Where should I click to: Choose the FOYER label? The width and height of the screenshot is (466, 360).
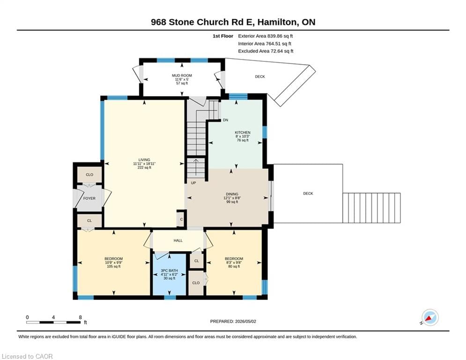pyautogui.click(x=89, y=198)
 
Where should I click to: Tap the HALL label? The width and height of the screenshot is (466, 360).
pyautogui.click(x=178, y=240)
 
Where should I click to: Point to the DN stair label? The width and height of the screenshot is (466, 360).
pyautogui.click(x=226, y=120)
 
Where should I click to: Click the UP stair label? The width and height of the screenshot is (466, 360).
pyautogui.click(x=193, y=183)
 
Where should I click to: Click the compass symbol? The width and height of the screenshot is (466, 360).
pyautogui.click(x=430, y=318)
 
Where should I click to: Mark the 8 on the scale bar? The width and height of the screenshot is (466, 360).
pyautogui.click(x=80, y=317)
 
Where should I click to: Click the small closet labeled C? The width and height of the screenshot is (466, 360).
pyautogui.click(x=181, y=219)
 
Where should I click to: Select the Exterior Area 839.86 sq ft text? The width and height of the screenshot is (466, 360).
pyautogui.click(x=266, y=36)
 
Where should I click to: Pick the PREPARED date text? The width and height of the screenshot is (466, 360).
pyautogui.click(x=233, y=321)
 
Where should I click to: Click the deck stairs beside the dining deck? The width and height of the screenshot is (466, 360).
pyautogui.click(x=371, y=208)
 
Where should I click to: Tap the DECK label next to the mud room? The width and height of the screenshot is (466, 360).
pyautogui.click(x=260, y=76)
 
